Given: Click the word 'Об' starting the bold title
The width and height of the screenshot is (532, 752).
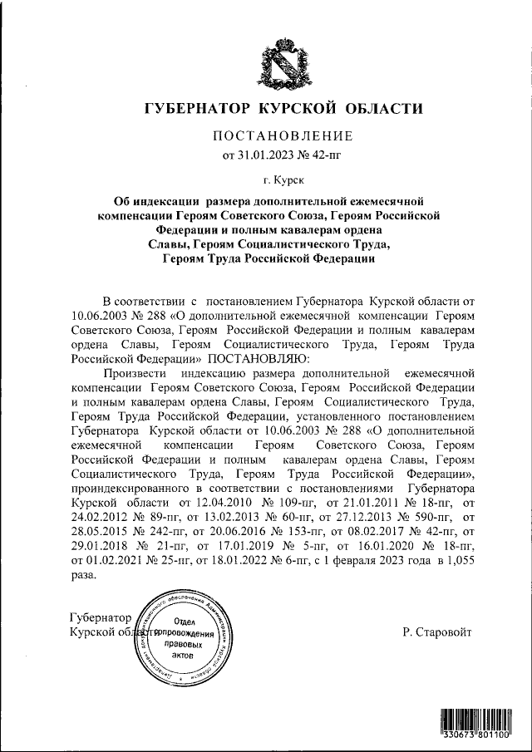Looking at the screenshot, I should pyautogui.click(x=122, y=201).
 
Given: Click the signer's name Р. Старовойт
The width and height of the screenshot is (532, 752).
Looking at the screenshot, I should pyautogui.click(x=436, y=632).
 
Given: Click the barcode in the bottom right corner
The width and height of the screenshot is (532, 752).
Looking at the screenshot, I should pyautogui.click(x=475, y=724).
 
